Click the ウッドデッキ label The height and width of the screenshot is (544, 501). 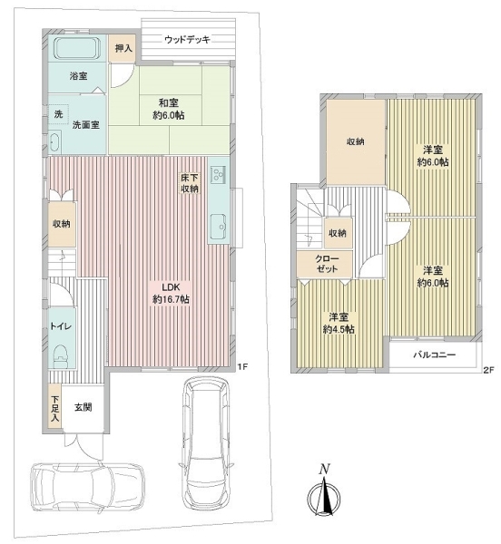pos(187,40)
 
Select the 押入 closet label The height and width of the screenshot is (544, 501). pos(123,48)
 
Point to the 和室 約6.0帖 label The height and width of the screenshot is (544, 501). pos(169,109)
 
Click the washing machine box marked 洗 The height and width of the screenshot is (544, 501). pos(58,113)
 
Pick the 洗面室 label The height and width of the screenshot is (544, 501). pos(85,124)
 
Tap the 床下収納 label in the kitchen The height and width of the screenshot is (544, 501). pos(189,183)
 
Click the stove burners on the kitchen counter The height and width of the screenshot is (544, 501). pos(219,173)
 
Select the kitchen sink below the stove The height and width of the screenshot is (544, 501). pos(219,227)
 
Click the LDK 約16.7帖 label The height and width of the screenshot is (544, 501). pos(171,293)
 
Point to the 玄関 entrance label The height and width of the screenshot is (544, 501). pos(83,407)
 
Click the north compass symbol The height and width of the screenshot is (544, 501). pos(324,491)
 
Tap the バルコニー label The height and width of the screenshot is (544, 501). pos(435,355)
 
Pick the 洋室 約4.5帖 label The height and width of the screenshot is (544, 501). pos(339,323)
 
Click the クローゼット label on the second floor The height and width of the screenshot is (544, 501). pos(326,264)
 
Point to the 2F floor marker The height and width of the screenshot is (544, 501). pos(488,370)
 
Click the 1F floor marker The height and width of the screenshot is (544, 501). pos(242,366)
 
